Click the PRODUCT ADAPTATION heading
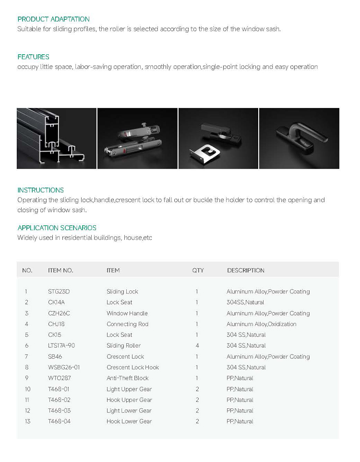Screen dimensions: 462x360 coord(53,19)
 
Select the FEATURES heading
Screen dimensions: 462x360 coord(33,57)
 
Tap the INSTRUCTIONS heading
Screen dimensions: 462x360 coord(40,190)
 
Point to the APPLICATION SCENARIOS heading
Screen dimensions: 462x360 coord(57,228)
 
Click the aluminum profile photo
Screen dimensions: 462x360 coord(56,138)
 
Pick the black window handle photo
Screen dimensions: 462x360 coord(299,138)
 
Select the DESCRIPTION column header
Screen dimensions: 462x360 coord(245,271)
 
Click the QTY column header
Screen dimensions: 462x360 coord(198,271)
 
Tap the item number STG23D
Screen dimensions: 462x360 coord(59,292)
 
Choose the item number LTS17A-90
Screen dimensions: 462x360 coord(61,346)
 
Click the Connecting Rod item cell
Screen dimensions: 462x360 coord(127,324)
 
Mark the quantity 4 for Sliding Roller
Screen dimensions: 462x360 coord(197,346)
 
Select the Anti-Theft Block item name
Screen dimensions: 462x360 coord(127,378)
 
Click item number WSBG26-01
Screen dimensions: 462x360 coord(64,367)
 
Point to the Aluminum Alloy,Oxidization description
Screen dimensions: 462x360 coord(261,324)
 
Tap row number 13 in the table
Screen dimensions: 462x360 coord(27,421)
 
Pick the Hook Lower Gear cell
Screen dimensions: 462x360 coord(129,421)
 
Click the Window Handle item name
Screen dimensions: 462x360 coord(127,313)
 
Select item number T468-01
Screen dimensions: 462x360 coord(59,389)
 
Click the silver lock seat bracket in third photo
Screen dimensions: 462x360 coord(205,153)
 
